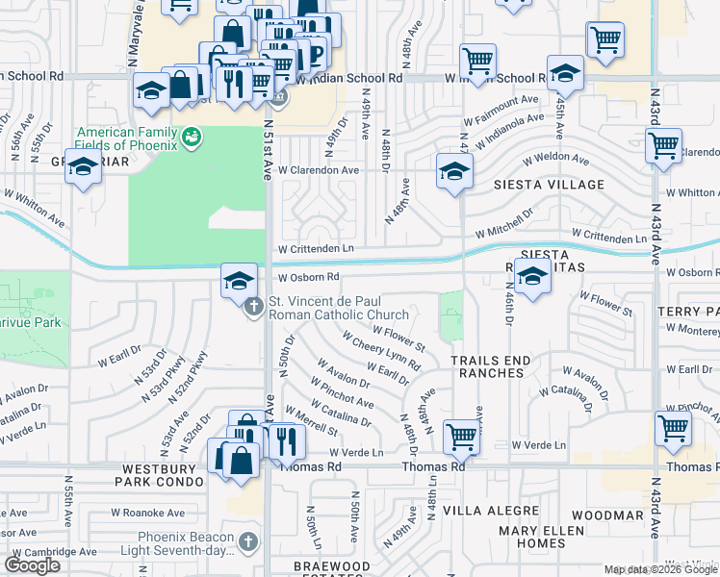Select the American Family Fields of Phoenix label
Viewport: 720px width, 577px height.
point(128,138)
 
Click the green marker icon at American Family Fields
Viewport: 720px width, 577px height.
point(192,138)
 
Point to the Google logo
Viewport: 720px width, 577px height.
point(33,565)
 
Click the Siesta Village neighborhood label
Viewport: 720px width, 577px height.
point(549,185)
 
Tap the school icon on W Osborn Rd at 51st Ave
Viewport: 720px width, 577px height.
point(238,280)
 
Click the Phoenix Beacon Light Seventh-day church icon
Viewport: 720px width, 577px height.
point(249,542)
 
